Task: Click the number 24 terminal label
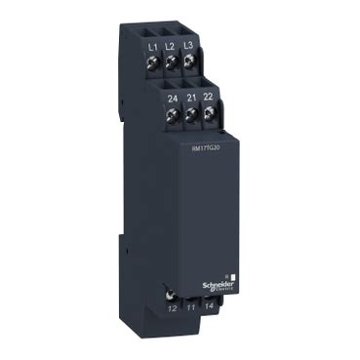tap(174, 98)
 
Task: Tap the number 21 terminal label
tap(191, 98)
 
